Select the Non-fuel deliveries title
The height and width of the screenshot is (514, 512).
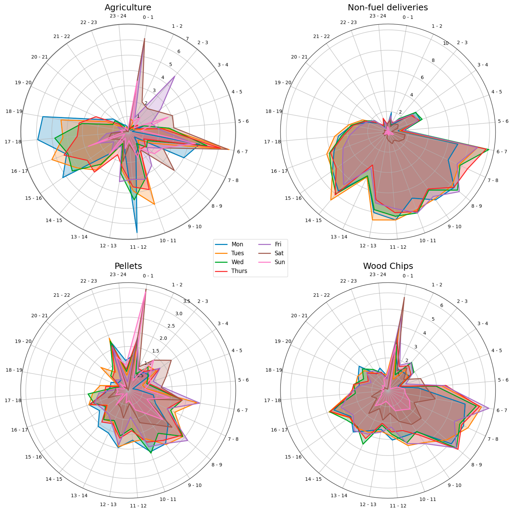pyautogui.click(x=388, y=7)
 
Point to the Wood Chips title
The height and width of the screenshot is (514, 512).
pyautogui.click(x=388, y=266)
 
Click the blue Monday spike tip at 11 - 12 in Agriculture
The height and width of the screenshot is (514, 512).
pyautogui.click(x=137, y=232)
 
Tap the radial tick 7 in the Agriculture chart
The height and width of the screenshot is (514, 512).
pyautogui.click(x=187, y=39)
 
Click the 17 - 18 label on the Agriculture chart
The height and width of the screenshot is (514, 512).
pyautogui.click(x=13, y=142)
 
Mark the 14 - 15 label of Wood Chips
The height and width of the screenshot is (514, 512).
pyautogui.click(x=313, y=479)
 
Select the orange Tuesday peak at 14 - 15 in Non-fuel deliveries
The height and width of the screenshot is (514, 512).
pyautogui.click(x=331, y=200)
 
